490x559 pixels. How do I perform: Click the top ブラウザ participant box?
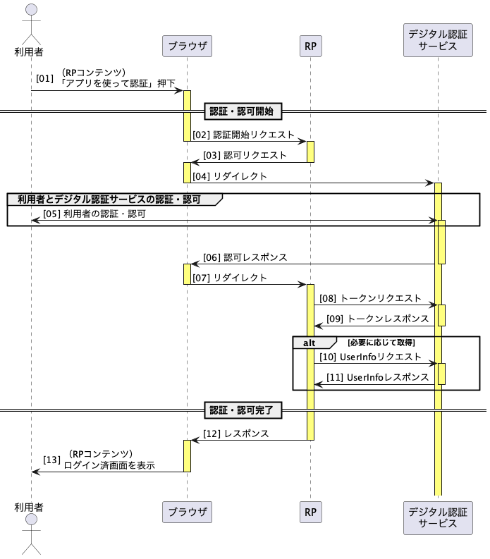[x=187, y=46]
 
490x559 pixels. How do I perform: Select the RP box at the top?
[x=311, y=46]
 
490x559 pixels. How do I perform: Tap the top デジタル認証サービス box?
[x=438, y=40]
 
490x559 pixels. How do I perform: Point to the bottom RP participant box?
[x=311, y=512]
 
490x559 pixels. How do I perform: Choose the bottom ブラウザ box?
[x=187, y=512]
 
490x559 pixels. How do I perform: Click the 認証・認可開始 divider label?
[x=243, y=111]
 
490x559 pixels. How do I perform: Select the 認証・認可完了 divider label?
[x=243, y=410]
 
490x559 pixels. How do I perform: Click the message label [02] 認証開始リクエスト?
[x=243, y=135]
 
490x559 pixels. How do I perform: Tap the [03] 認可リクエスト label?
[x=245, y=156]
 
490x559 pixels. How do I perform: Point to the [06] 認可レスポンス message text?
[x=245, y=257]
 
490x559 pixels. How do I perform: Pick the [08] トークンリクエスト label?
[x=371, y=298]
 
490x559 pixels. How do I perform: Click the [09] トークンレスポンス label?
[x=378, y=319]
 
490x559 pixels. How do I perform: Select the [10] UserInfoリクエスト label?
[x=371, y=357]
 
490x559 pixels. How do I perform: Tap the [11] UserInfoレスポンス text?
[x=378, y=377]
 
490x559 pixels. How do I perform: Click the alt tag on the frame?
[x=310, y=343]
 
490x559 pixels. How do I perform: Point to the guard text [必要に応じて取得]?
[x=381, y=343]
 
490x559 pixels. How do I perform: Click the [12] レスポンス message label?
[x=235, y=434]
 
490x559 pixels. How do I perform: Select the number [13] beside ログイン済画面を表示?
[x=51, y=460]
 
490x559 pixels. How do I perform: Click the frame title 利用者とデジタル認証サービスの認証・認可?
[x=109, y=199]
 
